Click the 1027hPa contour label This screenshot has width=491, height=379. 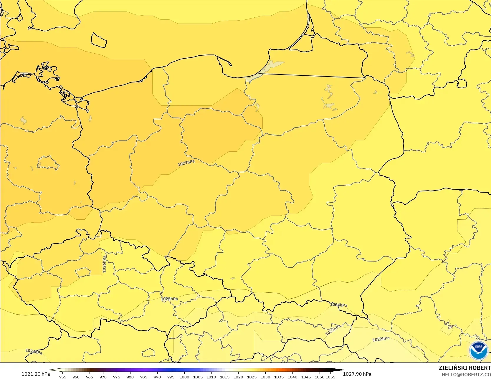coord(186,163)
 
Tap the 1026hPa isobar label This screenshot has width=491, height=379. coord(104,264)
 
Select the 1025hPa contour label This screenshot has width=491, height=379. coord(169,299)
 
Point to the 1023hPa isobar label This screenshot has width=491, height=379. coord(333,330)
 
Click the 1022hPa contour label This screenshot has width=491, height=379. coord(381,339)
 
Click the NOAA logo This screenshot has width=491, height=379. coord(478,350)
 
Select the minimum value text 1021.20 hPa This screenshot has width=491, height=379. coord(36,374)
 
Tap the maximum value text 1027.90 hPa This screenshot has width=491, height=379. coord(357,374)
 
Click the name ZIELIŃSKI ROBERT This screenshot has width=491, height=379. coord(464,368)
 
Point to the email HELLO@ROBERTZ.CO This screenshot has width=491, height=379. coord(466,375)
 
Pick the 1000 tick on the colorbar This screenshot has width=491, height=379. coord(184,377)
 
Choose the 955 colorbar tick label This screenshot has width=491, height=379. coord(63,377)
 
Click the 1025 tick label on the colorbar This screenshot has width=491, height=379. coord(252,377)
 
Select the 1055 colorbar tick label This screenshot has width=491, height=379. coord(330,377)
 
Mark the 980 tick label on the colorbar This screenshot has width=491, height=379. coord(130,377)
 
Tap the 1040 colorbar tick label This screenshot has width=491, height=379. coord(292,377)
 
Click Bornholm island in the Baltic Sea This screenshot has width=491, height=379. coord(98,40)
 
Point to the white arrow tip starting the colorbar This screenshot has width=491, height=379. coord(51,370)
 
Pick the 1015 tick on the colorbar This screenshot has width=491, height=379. coord(225,377)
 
